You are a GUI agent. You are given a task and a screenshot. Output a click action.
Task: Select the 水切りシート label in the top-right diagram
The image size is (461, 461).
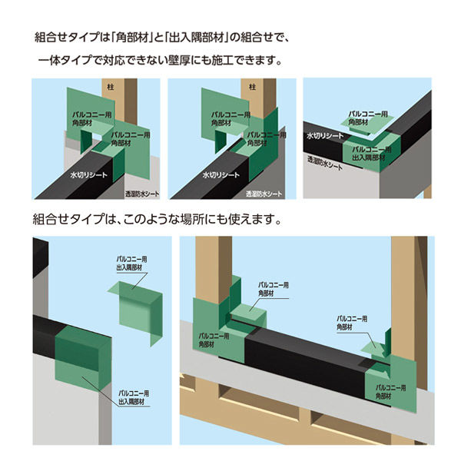(325, 135)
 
